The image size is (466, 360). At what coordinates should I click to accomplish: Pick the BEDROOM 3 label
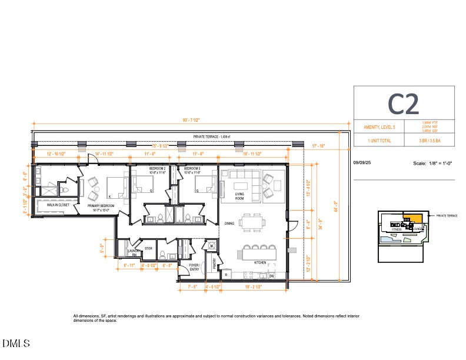192,169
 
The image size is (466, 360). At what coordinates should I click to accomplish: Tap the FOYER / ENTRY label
195,266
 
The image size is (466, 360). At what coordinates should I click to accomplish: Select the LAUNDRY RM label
133,252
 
